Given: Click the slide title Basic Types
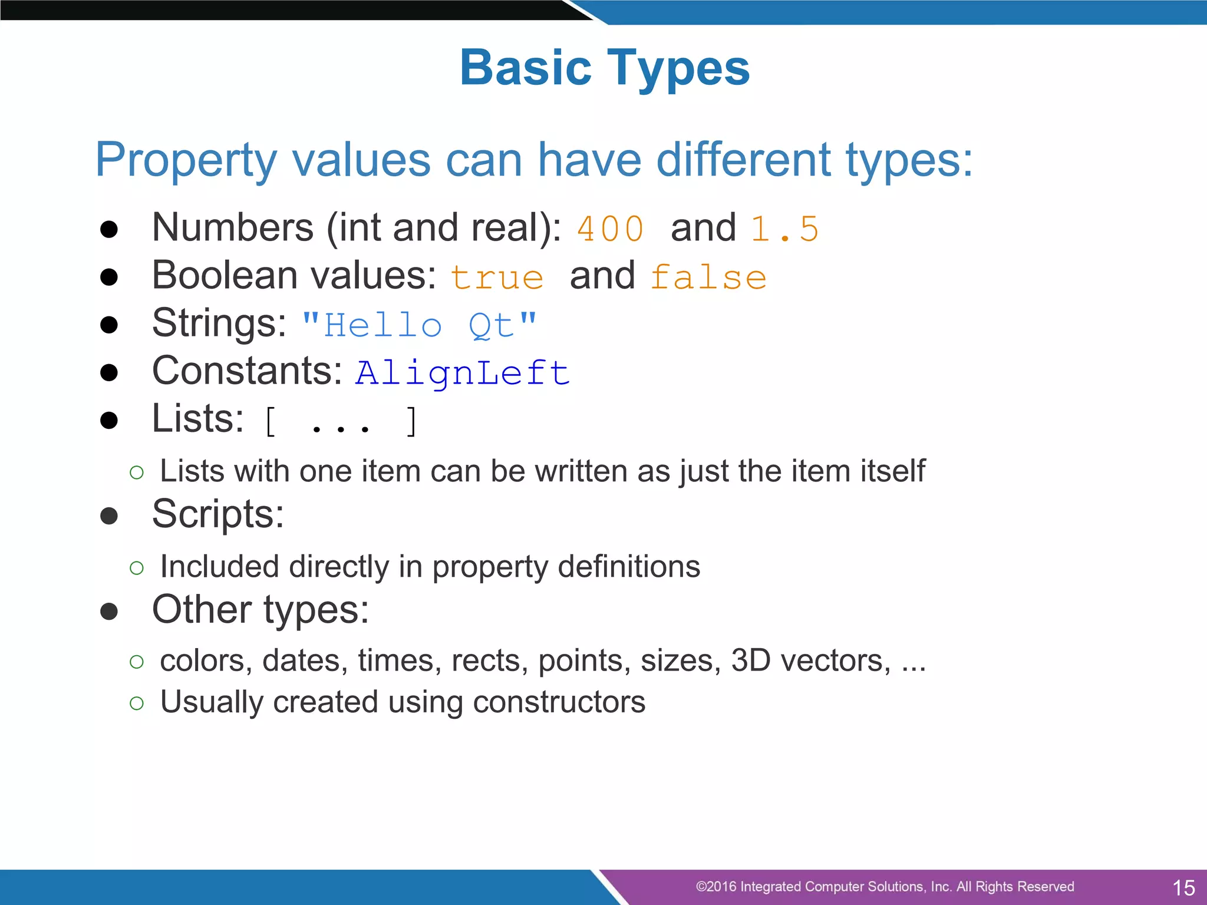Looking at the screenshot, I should [x=605, y=68].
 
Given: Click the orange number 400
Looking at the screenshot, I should [x=610, y=229].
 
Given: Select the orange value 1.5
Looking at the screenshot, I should [x=784, y=229].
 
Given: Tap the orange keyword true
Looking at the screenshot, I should [x=497, y=278].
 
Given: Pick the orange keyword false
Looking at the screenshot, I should [x=708, y=278].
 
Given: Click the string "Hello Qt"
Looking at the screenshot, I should [x=419, y=325].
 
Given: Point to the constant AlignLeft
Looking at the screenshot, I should [x=463, y=373].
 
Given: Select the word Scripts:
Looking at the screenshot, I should [x=218, y=514].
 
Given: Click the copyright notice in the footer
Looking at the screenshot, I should [x=885, y=887].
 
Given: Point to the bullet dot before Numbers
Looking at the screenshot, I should [x=109, y=229].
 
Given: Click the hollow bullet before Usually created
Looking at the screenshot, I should [x=137, y=703].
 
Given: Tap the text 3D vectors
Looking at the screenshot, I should [x=810, y=660].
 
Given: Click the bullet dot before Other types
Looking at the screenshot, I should [x=109, y=611].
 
